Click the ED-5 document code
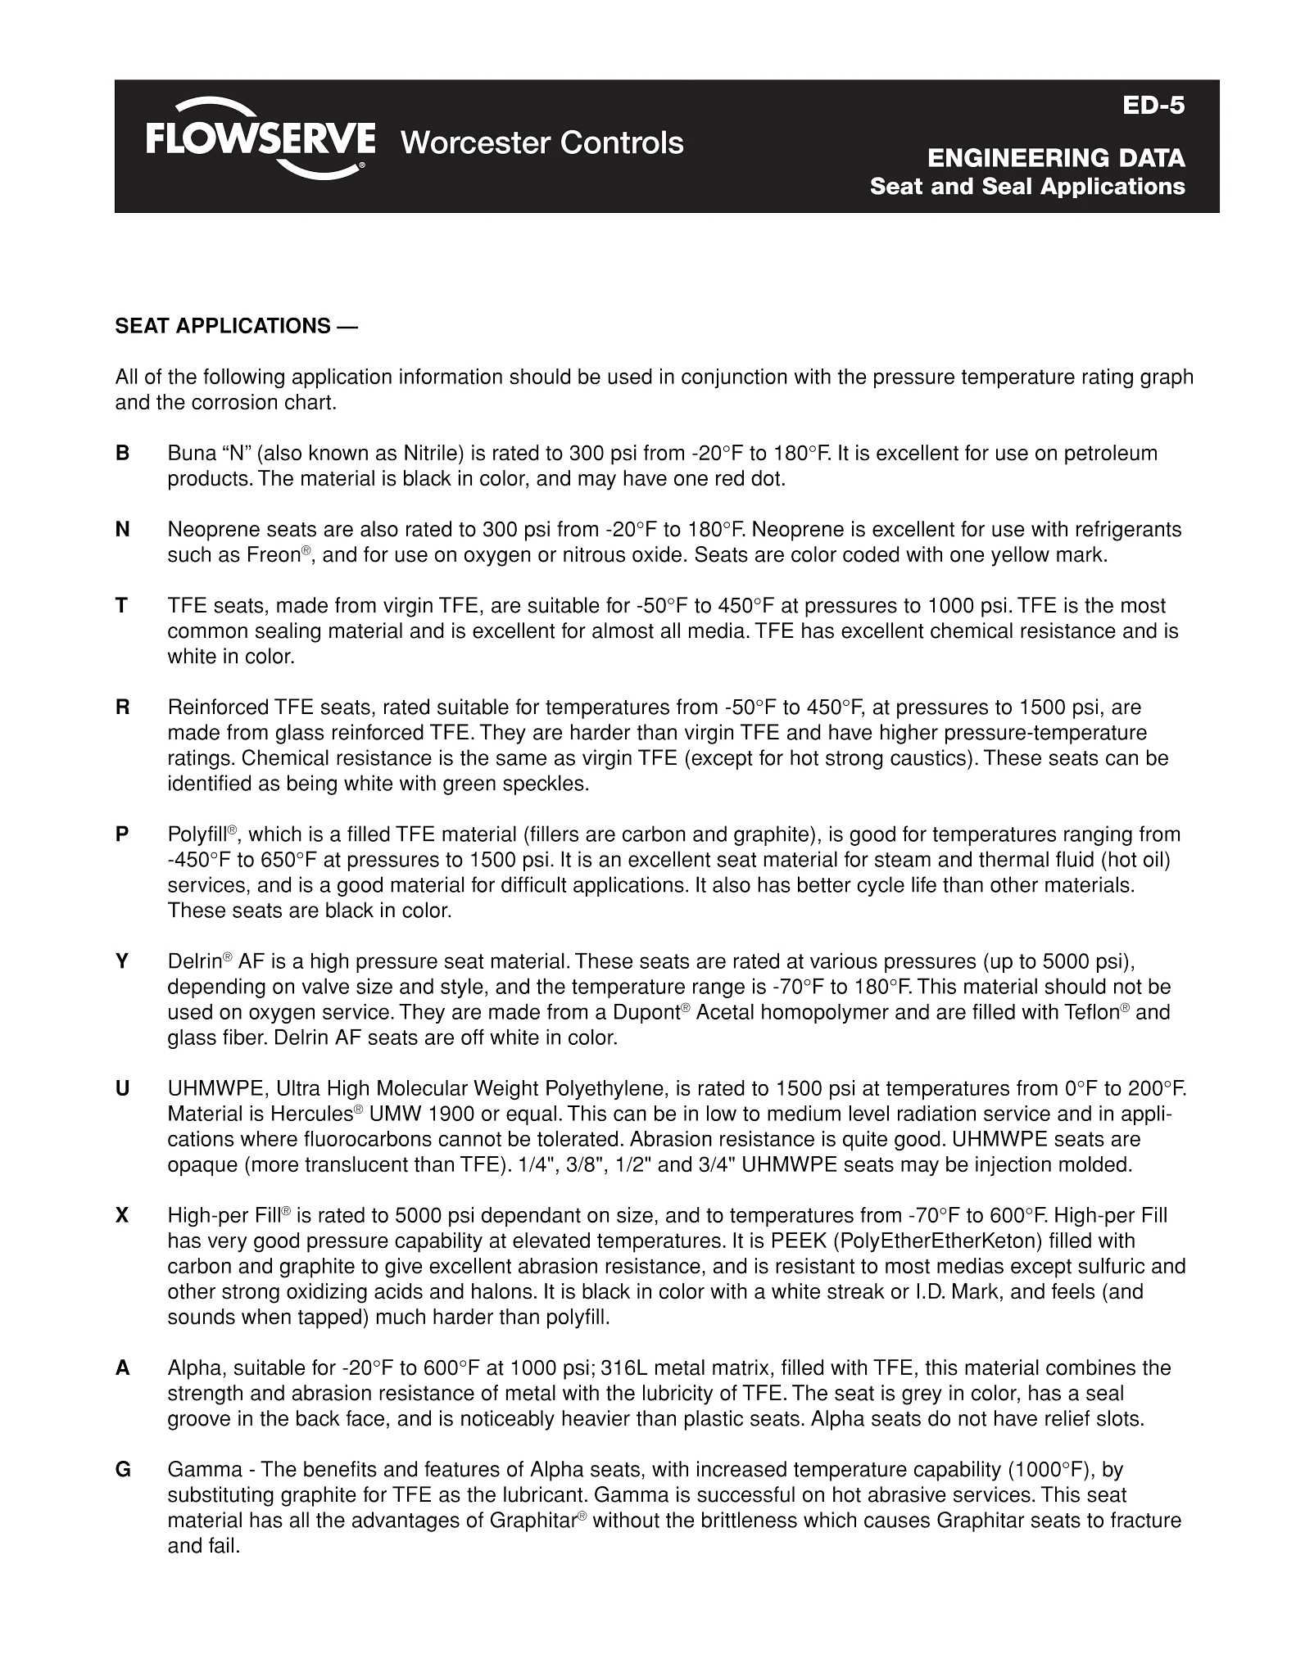(1153, 106)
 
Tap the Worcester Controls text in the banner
(542, 143)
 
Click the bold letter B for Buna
(123, 454)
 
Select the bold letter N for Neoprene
(123, 530)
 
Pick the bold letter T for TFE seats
(122, 606)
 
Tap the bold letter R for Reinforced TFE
(123, 707)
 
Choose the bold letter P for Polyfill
(123, 834)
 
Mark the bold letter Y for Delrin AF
(123, 961)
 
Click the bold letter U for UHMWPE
(123, 1089)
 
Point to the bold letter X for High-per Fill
(123, 1216)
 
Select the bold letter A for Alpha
(123, 1368)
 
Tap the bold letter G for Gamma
(123, 1470)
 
